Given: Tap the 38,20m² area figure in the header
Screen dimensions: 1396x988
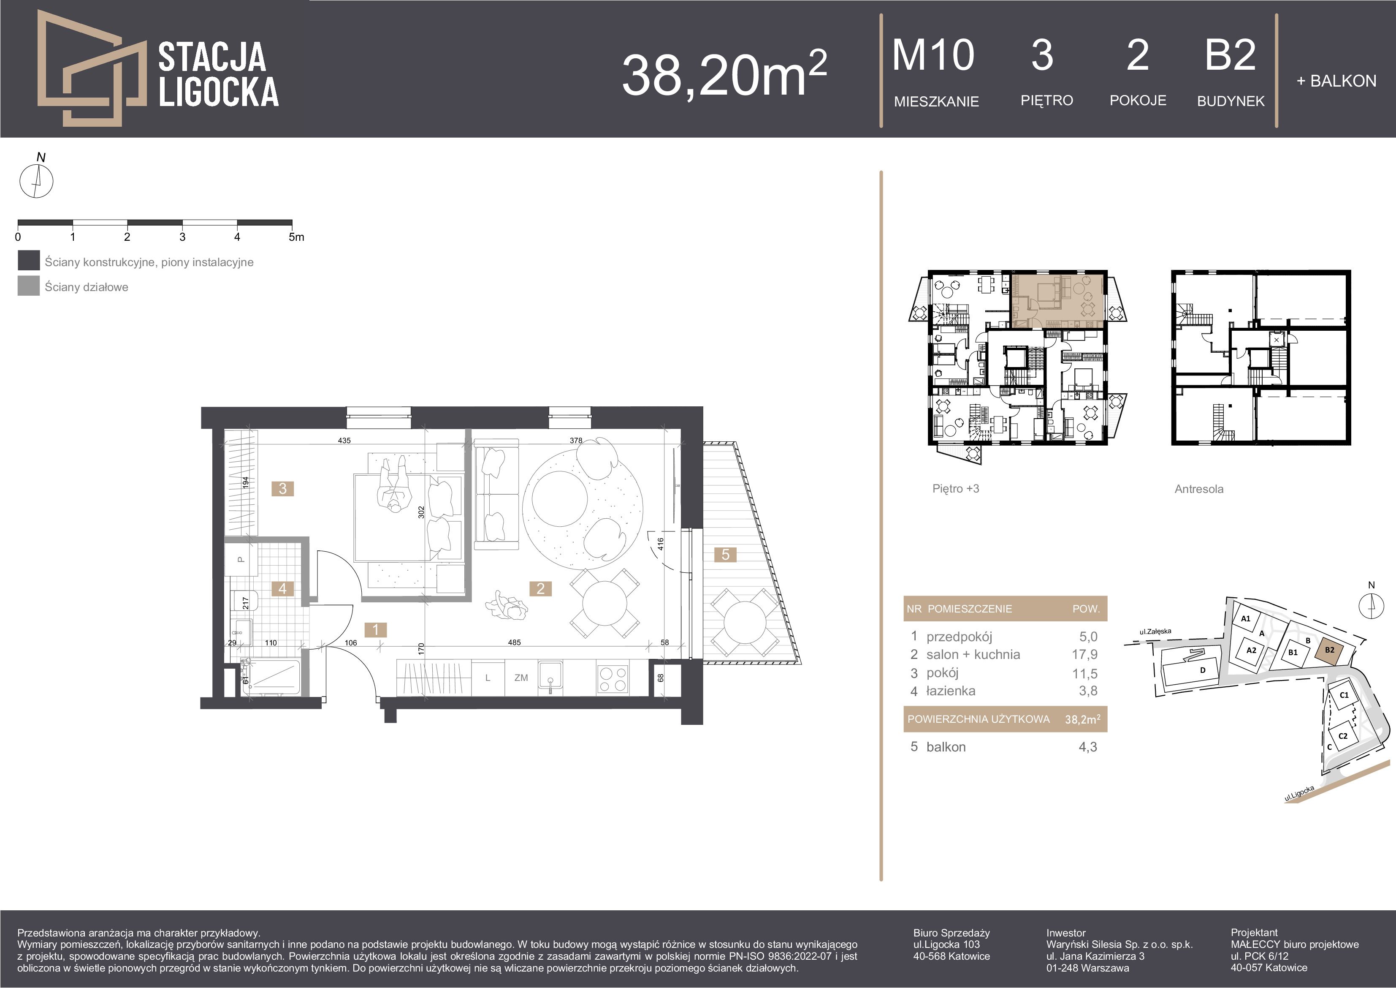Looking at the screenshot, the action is coord(724,73).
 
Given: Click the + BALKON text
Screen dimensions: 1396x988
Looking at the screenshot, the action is coord(1336,81).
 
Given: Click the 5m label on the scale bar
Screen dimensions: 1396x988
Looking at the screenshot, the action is coord(296,237).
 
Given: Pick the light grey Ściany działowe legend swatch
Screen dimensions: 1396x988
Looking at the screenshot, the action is coord(29,286).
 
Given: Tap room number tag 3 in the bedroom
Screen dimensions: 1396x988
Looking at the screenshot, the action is coord(283,489).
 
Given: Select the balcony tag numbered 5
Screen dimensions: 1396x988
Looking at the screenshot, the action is coord(725,554).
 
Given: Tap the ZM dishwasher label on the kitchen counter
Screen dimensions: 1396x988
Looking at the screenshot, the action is coord(521,678).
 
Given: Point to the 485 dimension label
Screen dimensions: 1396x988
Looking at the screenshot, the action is coord(515,642).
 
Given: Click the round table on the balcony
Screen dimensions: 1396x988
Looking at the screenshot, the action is coord(744,622).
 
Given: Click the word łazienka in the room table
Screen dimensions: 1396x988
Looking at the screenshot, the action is coord(951,691).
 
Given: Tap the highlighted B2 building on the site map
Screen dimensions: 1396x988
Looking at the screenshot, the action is coord(1329,651).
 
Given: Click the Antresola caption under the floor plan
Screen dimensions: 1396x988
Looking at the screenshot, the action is coord(1199,489).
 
